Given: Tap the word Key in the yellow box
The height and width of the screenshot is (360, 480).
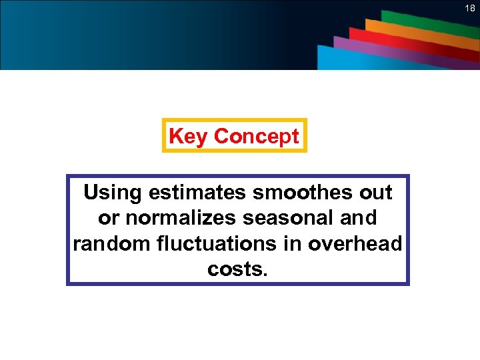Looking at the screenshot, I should (189, 136).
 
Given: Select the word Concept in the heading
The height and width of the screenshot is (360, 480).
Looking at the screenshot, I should (257, 136).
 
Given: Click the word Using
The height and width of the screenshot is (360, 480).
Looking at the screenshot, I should (113, 193).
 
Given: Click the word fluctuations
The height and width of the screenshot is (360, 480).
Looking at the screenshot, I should (213, 243).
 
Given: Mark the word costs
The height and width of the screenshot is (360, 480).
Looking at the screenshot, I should (237, 269).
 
